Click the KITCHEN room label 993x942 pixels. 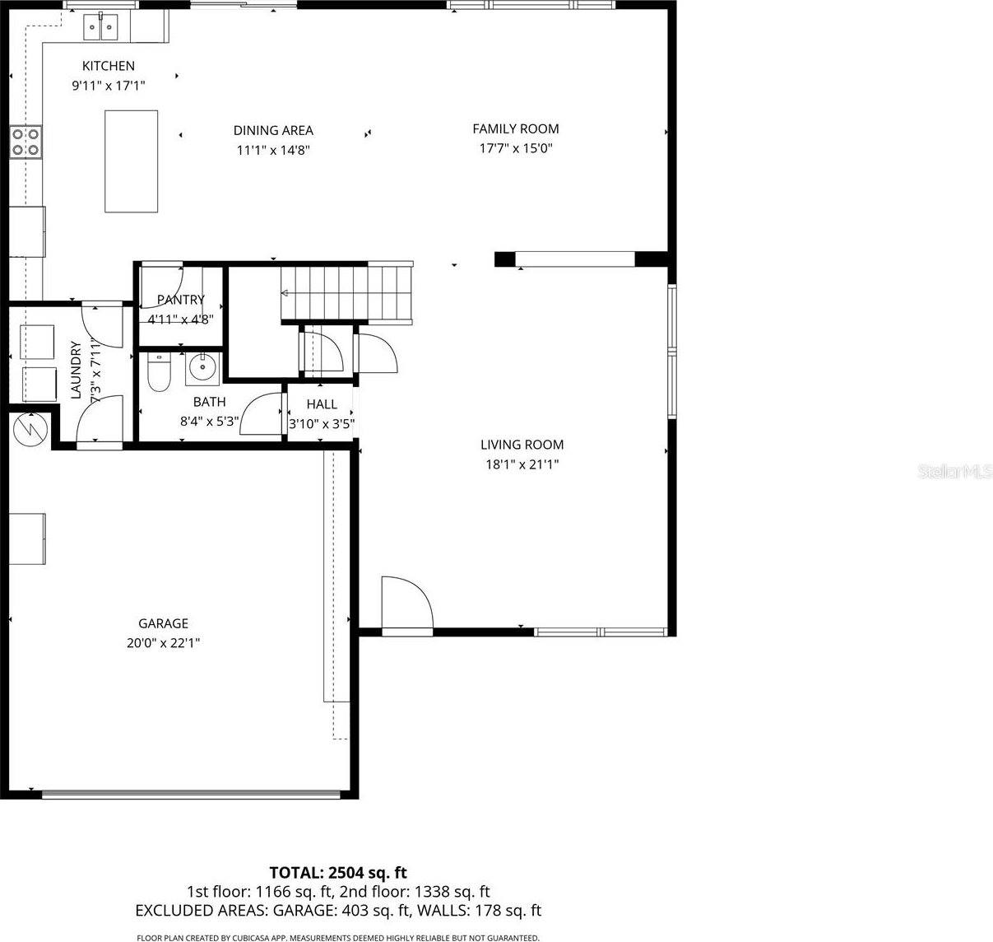tap(108, 66)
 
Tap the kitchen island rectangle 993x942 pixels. tap(131, 161)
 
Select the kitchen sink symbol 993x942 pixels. tap(100, 28)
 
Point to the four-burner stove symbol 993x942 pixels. tap(26, 141)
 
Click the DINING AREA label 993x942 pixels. tap(273, 130)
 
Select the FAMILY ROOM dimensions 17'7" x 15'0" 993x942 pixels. tap(516, 149)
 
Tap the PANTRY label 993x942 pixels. tap(180, 300)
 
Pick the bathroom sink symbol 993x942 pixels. tap(202, 367)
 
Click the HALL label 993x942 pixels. tap(322, 404)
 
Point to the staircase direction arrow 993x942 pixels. tap(285, 292)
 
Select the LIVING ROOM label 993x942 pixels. tap(522, 445)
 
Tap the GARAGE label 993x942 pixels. tap(163, 623)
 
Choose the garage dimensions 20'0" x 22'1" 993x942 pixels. tap(163, 643)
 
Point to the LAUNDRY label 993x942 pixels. tap(76, 371)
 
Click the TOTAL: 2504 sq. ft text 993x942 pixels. tap(338, 873)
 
